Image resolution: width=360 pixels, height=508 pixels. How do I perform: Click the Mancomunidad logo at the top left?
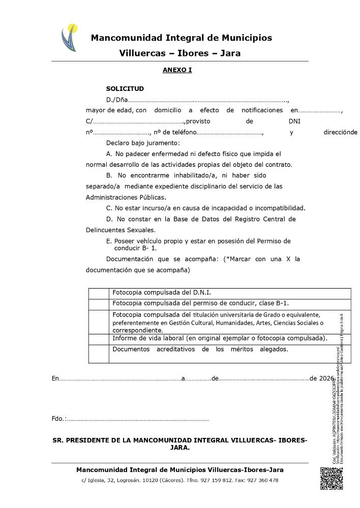[69, 38]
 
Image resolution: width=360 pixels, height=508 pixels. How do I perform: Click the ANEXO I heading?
[177, 70]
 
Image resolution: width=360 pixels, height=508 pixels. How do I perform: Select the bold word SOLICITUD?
[125, 88]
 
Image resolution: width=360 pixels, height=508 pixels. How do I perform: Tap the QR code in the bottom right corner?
[331, 478]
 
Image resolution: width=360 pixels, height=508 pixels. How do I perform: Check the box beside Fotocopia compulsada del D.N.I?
[99, 293]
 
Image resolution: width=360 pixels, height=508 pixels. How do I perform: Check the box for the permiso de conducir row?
[99, 304]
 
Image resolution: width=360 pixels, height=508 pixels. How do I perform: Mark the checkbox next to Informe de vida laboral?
[99, 339]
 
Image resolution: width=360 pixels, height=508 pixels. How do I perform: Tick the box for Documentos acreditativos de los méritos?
[99, 354]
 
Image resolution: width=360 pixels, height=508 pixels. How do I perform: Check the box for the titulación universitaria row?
[99, 322]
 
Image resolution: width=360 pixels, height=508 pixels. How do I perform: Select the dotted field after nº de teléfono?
[229, 133]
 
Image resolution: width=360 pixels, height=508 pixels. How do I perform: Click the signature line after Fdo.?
[137, 419]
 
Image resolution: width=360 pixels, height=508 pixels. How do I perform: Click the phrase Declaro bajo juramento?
[143, 143]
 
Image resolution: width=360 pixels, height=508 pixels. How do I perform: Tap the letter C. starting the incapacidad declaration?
[109, 208]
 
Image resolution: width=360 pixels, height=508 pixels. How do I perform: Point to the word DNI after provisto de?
[294, 121]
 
